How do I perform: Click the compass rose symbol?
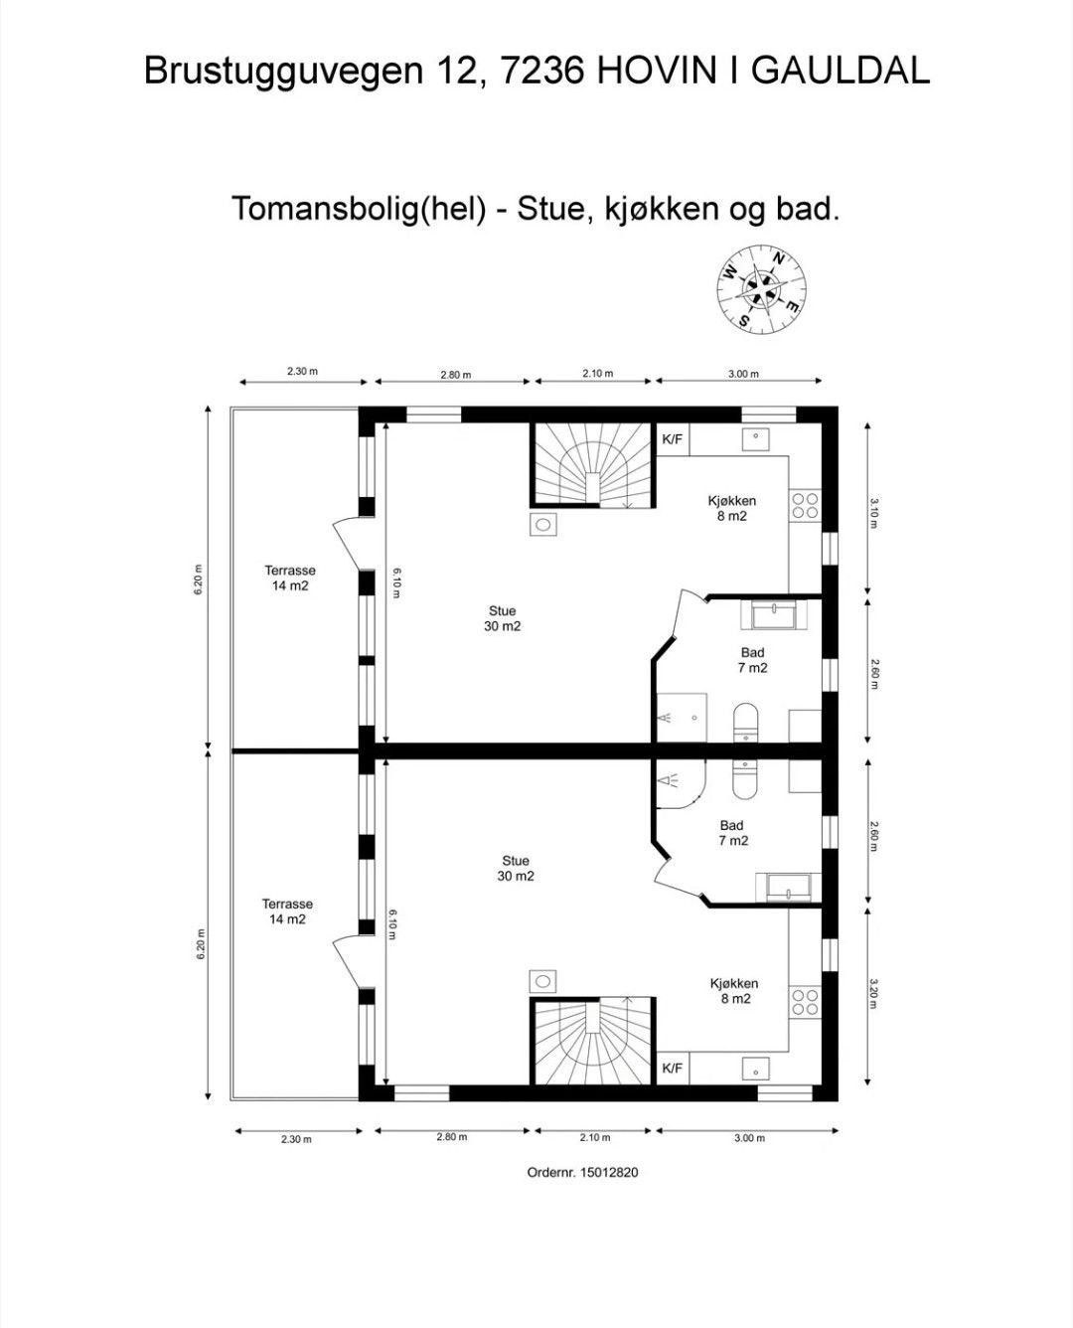pos(761,289)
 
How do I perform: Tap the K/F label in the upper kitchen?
pos(673,439)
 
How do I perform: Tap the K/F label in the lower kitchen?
pos(673,1069)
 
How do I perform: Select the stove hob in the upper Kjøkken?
pos(805,505)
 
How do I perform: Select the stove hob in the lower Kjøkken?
pos(805,1002)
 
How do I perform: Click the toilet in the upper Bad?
pos(745,723)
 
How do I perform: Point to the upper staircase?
pos(593,465)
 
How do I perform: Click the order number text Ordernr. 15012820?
pos(582,1173)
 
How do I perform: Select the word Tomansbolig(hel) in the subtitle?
pos(359,210)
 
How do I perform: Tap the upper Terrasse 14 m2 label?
pos(290,578)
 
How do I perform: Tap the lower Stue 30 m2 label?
pos(516,869)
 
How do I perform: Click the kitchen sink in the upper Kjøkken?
pos(757,437)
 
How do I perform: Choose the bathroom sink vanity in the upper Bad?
pos(779,615)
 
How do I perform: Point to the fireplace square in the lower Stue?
pos(542,981)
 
